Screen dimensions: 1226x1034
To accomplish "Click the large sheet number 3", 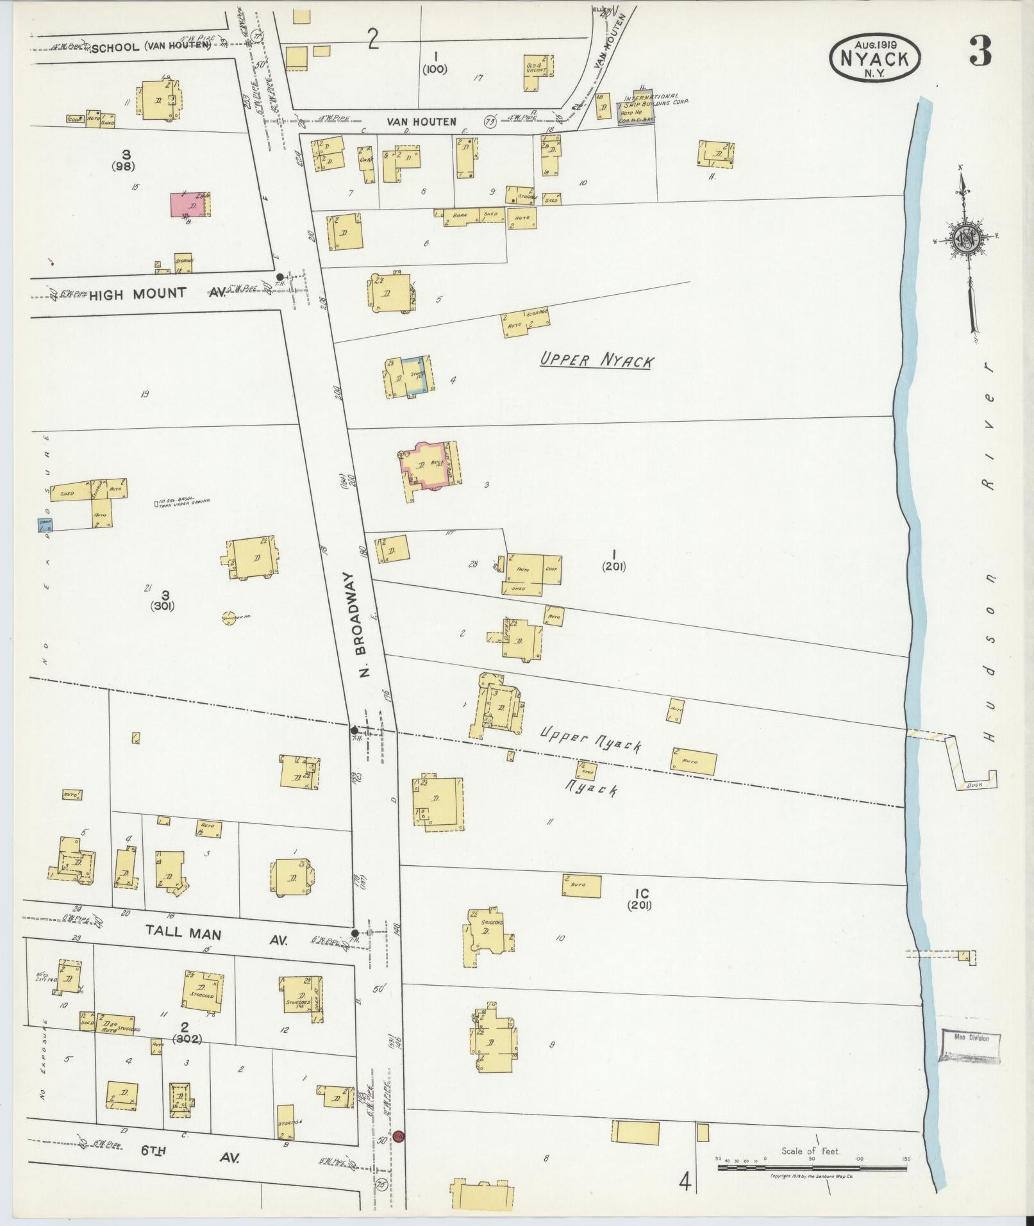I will coord(980,51).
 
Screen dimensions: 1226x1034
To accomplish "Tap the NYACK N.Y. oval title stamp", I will coord(875,58).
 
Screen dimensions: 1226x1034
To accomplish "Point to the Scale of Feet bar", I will coord(812,1168).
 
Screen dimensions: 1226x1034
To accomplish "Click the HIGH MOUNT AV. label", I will coord(156,294).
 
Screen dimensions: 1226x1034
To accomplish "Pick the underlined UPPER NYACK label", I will coord(596,360).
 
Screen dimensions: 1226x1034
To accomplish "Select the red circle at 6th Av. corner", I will coord(399,1136).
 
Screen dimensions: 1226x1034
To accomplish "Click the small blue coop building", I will coord(45,524).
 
